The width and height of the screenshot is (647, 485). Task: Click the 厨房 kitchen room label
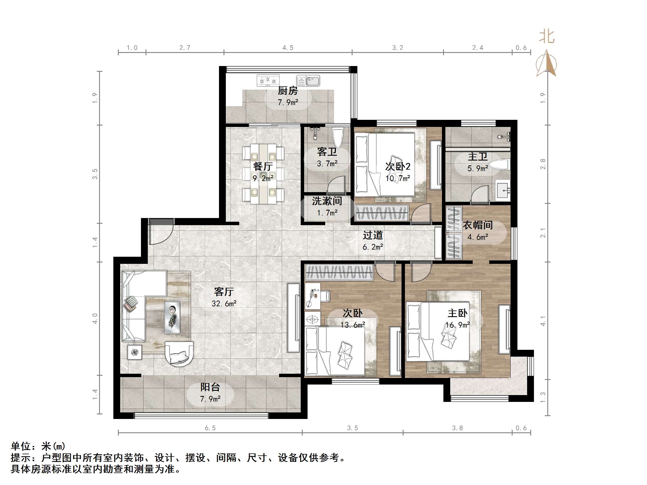point(288,91)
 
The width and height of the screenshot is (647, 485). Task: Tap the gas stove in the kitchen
point(268,80)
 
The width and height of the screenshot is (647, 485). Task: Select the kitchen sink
point(308,80)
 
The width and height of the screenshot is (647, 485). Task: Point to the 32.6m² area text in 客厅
point(224,304)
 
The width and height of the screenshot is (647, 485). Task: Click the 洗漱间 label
point(327,201)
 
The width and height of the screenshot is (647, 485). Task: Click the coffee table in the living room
point(172,317)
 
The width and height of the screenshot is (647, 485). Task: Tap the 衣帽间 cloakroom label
point(478,225)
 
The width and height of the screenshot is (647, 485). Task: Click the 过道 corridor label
point(373,235)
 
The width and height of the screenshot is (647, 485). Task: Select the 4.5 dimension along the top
point(288,48)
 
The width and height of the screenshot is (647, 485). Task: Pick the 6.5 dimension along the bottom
point(210,428)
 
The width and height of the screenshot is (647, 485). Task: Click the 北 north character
point(546,37)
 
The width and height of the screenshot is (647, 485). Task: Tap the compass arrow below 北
point(546,63)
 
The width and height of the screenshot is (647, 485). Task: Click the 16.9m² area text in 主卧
point(457,325)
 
